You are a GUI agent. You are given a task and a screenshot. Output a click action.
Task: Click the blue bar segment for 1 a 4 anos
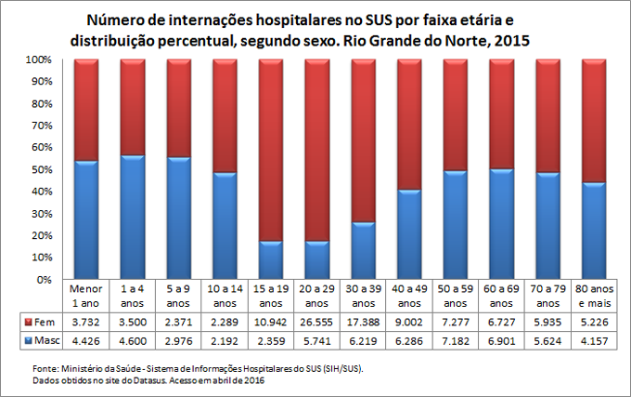pyautogui.click(x=133, y=218)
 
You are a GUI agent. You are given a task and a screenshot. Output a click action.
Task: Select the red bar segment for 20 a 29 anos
pyautogui.click(x=317, y=149)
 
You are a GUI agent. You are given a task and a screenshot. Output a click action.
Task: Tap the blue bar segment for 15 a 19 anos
pyautogui.click(x=271, y=260)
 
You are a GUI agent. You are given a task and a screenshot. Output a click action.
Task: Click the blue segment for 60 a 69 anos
pyautogui.click(x=502, y=224)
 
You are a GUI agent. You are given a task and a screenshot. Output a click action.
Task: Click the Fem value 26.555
pyautogui.click(x=317, y=321)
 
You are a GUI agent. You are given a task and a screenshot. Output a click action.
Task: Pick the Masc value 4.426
pyautogui.click(x=86, y=341)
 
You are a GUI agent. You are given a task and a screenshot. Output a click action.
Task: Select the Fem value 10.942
pyautogui.click(x=271, y=321)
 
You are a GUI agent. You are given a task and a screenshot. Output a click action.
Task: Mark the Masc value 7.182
pyautogui.click(x=456, y=341)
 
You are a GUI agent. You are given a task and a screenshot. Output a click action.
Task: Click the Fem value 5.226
pyautogui.click(x=594, y=321)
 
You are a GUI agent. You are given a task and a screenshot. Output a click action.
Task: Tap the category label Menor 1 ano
pyautogui.click(x=86, y=295)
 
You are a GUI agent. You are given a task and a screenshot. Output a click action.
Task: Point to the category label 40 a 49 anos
pyautogui.click(x=409, y=295)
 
